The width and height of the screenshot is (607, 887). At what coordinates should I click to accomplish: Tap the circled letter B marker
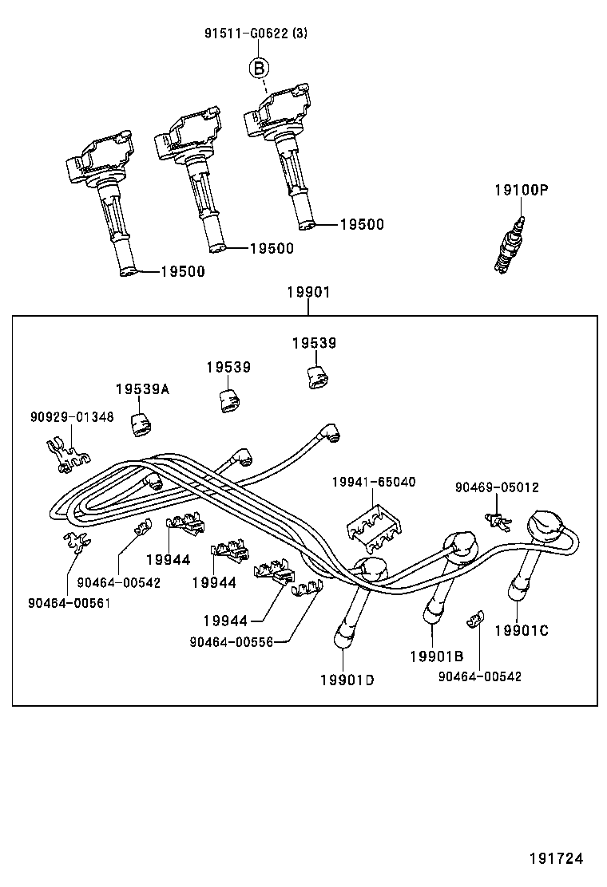[x=260, y=68]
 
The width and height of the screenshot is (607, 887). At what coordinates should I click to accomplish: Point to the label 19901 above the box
[x=308, y=293]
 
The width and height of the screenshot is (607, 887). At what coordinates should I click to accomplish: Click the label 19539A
[x=141, y=388]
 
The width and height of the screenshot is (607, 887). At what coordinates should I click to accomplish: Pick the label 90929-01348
[x=72, y=416]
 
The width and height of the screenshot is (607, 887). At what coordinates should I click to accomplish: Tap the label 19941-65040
[x=374, y=483]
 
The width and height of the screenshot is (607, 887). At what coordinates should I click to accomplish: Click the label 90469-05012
[x=497, y=487]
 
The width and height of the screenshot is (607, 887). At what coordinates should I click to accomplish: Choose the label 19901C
[x=522, y=631]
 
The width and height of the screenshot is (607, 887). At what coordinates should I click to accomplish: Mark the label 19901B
[x=436, y=656]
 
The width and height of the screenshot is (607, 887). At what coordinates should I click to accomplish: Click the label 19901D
[x=347, y=680]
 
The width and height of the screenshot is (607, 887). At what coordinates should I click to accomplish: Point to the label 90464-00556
[x=231, y=641]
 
